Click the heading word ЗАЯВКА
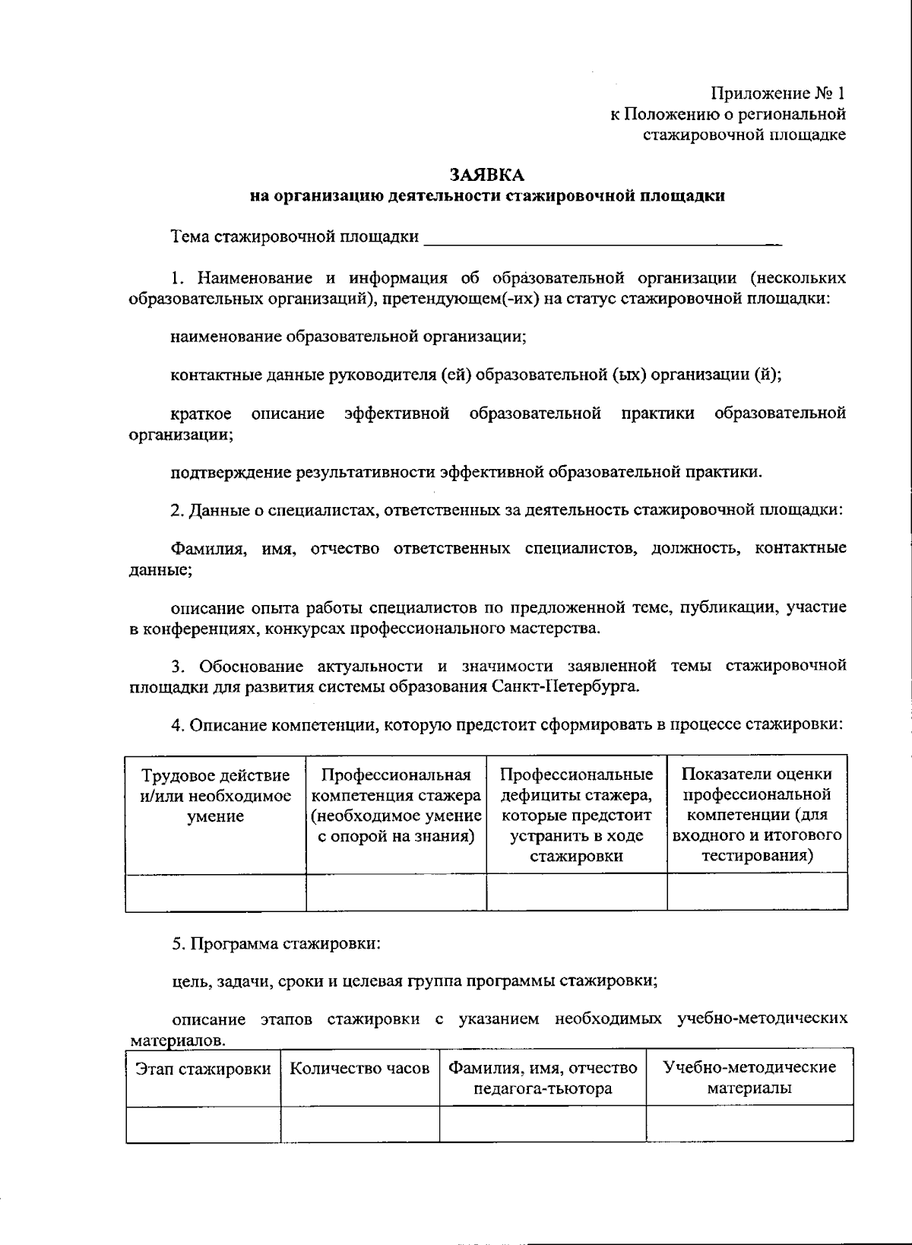[486, 175]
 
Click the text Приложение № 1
[777, 93]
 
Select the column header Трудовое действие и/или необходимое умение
[215, 796]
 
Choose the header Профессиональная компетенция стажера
[396, 806]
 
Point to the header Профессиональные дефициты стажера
[576, 815]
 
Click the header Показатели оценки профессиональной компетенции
[757, 815]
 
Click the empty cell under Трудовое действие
[215, 892]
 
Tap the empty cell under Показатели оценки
[757, 892]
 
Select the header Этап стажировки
[203, 1069]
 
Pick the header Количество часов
[360, 1069]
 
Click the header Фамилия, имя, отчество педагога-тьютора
[543, 1078]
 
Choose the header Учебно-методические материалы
[749, 1078]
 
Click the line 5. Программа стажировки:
[275, 945]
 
